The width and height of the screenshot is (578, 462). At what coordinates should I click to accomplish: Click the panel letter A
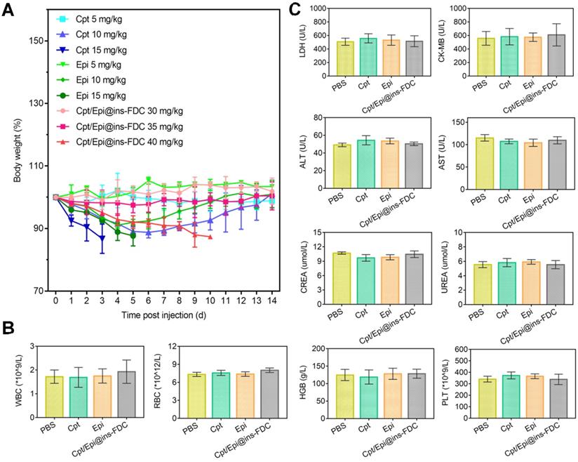click(x=8, y=11)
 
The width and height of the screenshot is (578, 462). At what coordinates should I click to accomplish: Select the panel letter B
click(x=8, y=328)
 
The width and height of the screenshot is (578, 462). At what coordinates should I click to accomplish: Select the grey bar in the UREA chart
click(x=555, y=279)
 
